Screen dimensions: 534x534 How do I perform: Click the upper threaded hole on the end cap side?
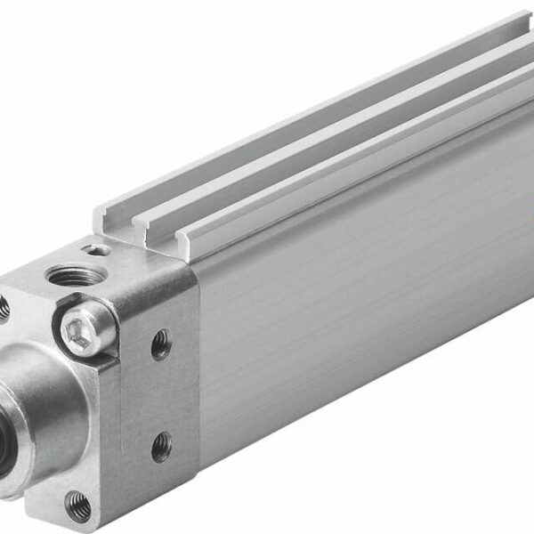coord(160,344)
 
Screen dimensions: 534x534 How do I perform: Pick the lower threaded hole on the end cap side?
coord(160,447)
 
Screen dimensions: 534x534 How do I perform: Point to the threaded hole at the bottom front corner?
coord(78,503)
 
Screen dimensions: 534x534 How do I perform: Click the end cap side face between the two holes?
coord(162,396)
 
